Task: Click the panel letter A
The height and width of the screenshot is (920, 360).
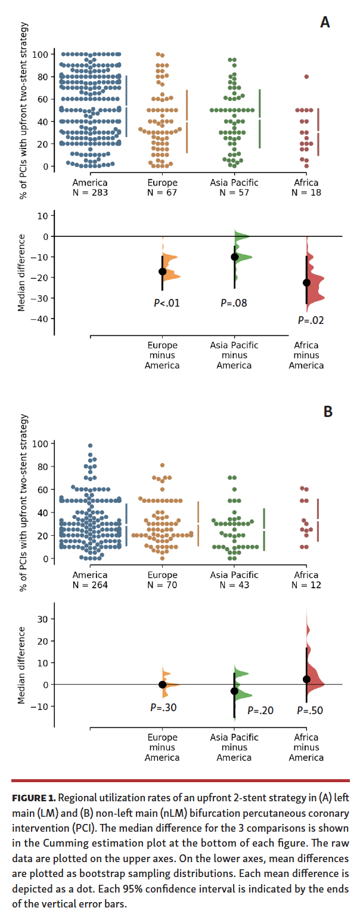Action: [325, 23]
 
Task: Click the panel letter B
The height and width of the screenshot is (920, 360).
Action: [327, 412]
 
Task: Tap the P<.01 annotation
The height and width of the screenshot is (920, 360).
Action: [166, 303]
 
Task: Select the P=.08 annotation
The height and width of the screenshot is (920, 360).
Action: [234, 303]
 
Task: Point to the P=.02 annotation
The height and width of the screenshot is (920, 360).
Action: [311, 320]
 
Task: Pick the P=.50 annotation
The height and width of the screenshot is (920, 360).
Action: [310, 711]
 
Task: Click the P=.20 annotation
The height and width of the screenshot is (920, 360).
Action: [261, 711]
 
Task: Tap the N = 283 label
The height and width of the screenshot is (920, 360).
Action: [90, 193]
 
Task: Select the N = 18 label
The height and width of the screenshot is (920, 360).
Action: [306, 193]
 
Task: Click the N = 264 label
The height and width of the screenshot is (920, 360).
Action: [90, 585]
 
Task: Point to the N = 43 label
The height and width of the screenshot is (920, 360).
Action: [234, 585]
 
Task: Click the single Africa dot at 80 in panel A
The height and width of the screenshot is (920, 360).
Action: [306, 76]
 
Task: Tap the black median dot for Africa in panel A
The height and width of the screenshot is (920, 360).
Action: [306, 283]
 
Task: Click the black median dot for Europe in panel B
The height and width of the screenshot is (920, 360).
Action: [162, 684]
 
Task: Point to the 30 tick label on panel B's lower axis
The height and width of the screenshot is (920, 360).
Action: [42, 619]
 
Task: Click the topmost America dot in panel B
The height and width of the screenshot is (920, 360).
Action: [90, 446]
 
